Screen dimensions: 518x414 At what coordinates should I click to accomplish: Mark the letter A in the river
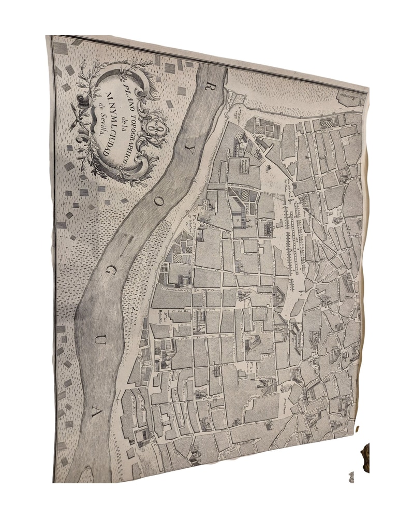pos(92,412)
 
